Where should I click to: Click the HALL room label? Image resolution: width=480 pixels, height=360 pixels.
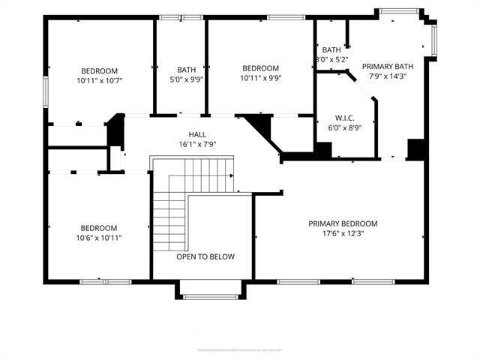coord(187,135)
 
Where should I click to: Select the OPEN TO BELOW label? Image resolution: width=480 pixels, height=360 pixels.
coord(205,256)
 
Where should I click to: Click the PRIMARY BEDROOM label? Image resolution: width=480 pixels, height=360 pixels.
coord(343,223)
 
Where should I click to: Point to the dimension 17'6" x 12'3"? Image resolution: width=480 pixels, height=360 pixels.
coord(343,233)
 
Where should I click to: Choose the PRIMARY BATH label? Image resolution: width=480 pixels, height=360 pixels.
coord(388,66)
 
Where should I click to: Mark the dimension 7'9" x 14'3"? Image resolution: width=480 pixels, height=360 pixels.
coord(388,76)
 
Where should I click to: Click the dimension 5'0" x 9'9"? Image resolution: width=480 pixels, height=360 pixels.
coord(187,78)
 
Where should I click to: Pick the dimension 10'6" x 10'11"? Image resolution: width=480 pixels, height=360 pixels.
coord(99,238)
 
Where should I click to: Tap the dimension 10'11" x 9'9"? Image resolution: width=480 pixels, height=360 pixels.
coord(261,78)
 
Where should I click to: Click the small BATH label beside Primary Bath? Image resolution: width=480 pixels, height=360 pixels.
coord(331,50)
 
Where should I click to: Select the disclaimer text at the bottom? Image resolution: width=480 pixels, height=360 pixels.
coord(240,349)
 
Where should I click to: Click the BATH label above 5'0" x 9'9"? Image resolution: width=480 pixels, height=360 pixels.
coord(187,70)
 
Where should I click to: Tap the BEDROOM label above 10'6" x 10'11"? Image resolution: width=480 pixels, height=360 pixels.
coord(99,228)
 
